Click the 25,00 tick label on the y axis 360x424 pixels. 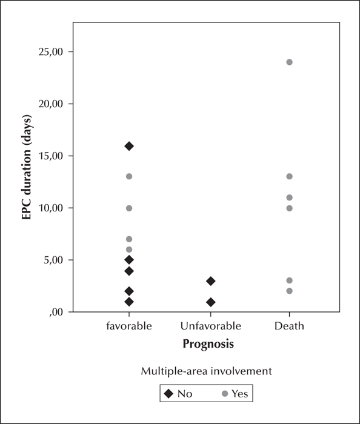(50, 52)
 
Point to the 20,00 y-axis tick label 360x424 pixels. (50, 104)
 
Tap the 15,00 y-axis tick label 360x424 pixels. (50, 156)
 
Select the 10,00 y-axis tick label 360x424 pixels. (50, 208)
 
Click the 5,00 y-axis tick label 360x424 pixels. (53, 260)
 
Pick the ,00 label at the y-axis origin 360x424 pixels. (56, 313)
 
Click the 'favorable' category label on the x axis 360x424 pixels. (129, 326)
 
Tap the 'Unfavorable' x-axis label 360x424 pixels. (211, 326)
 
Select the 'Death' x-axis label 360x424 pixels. (289, 326)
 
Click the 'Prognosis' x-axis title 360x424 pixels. (208, 344)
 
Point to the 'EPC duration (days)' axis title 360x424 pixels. (27, 167)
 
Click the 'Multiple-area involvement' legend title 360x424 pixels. (207, 371)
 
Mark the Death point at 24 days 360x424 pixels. (290, 62)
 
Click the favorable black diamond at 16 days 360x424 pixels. (129, 146)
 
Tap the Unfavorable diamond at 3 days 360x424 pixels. (211, 281)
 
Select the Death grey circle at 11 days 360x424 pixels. (290, 197)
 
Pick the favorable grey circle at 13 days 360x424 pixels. (129, 176)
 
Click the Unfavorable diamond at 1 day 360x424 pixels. (211, 302)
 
